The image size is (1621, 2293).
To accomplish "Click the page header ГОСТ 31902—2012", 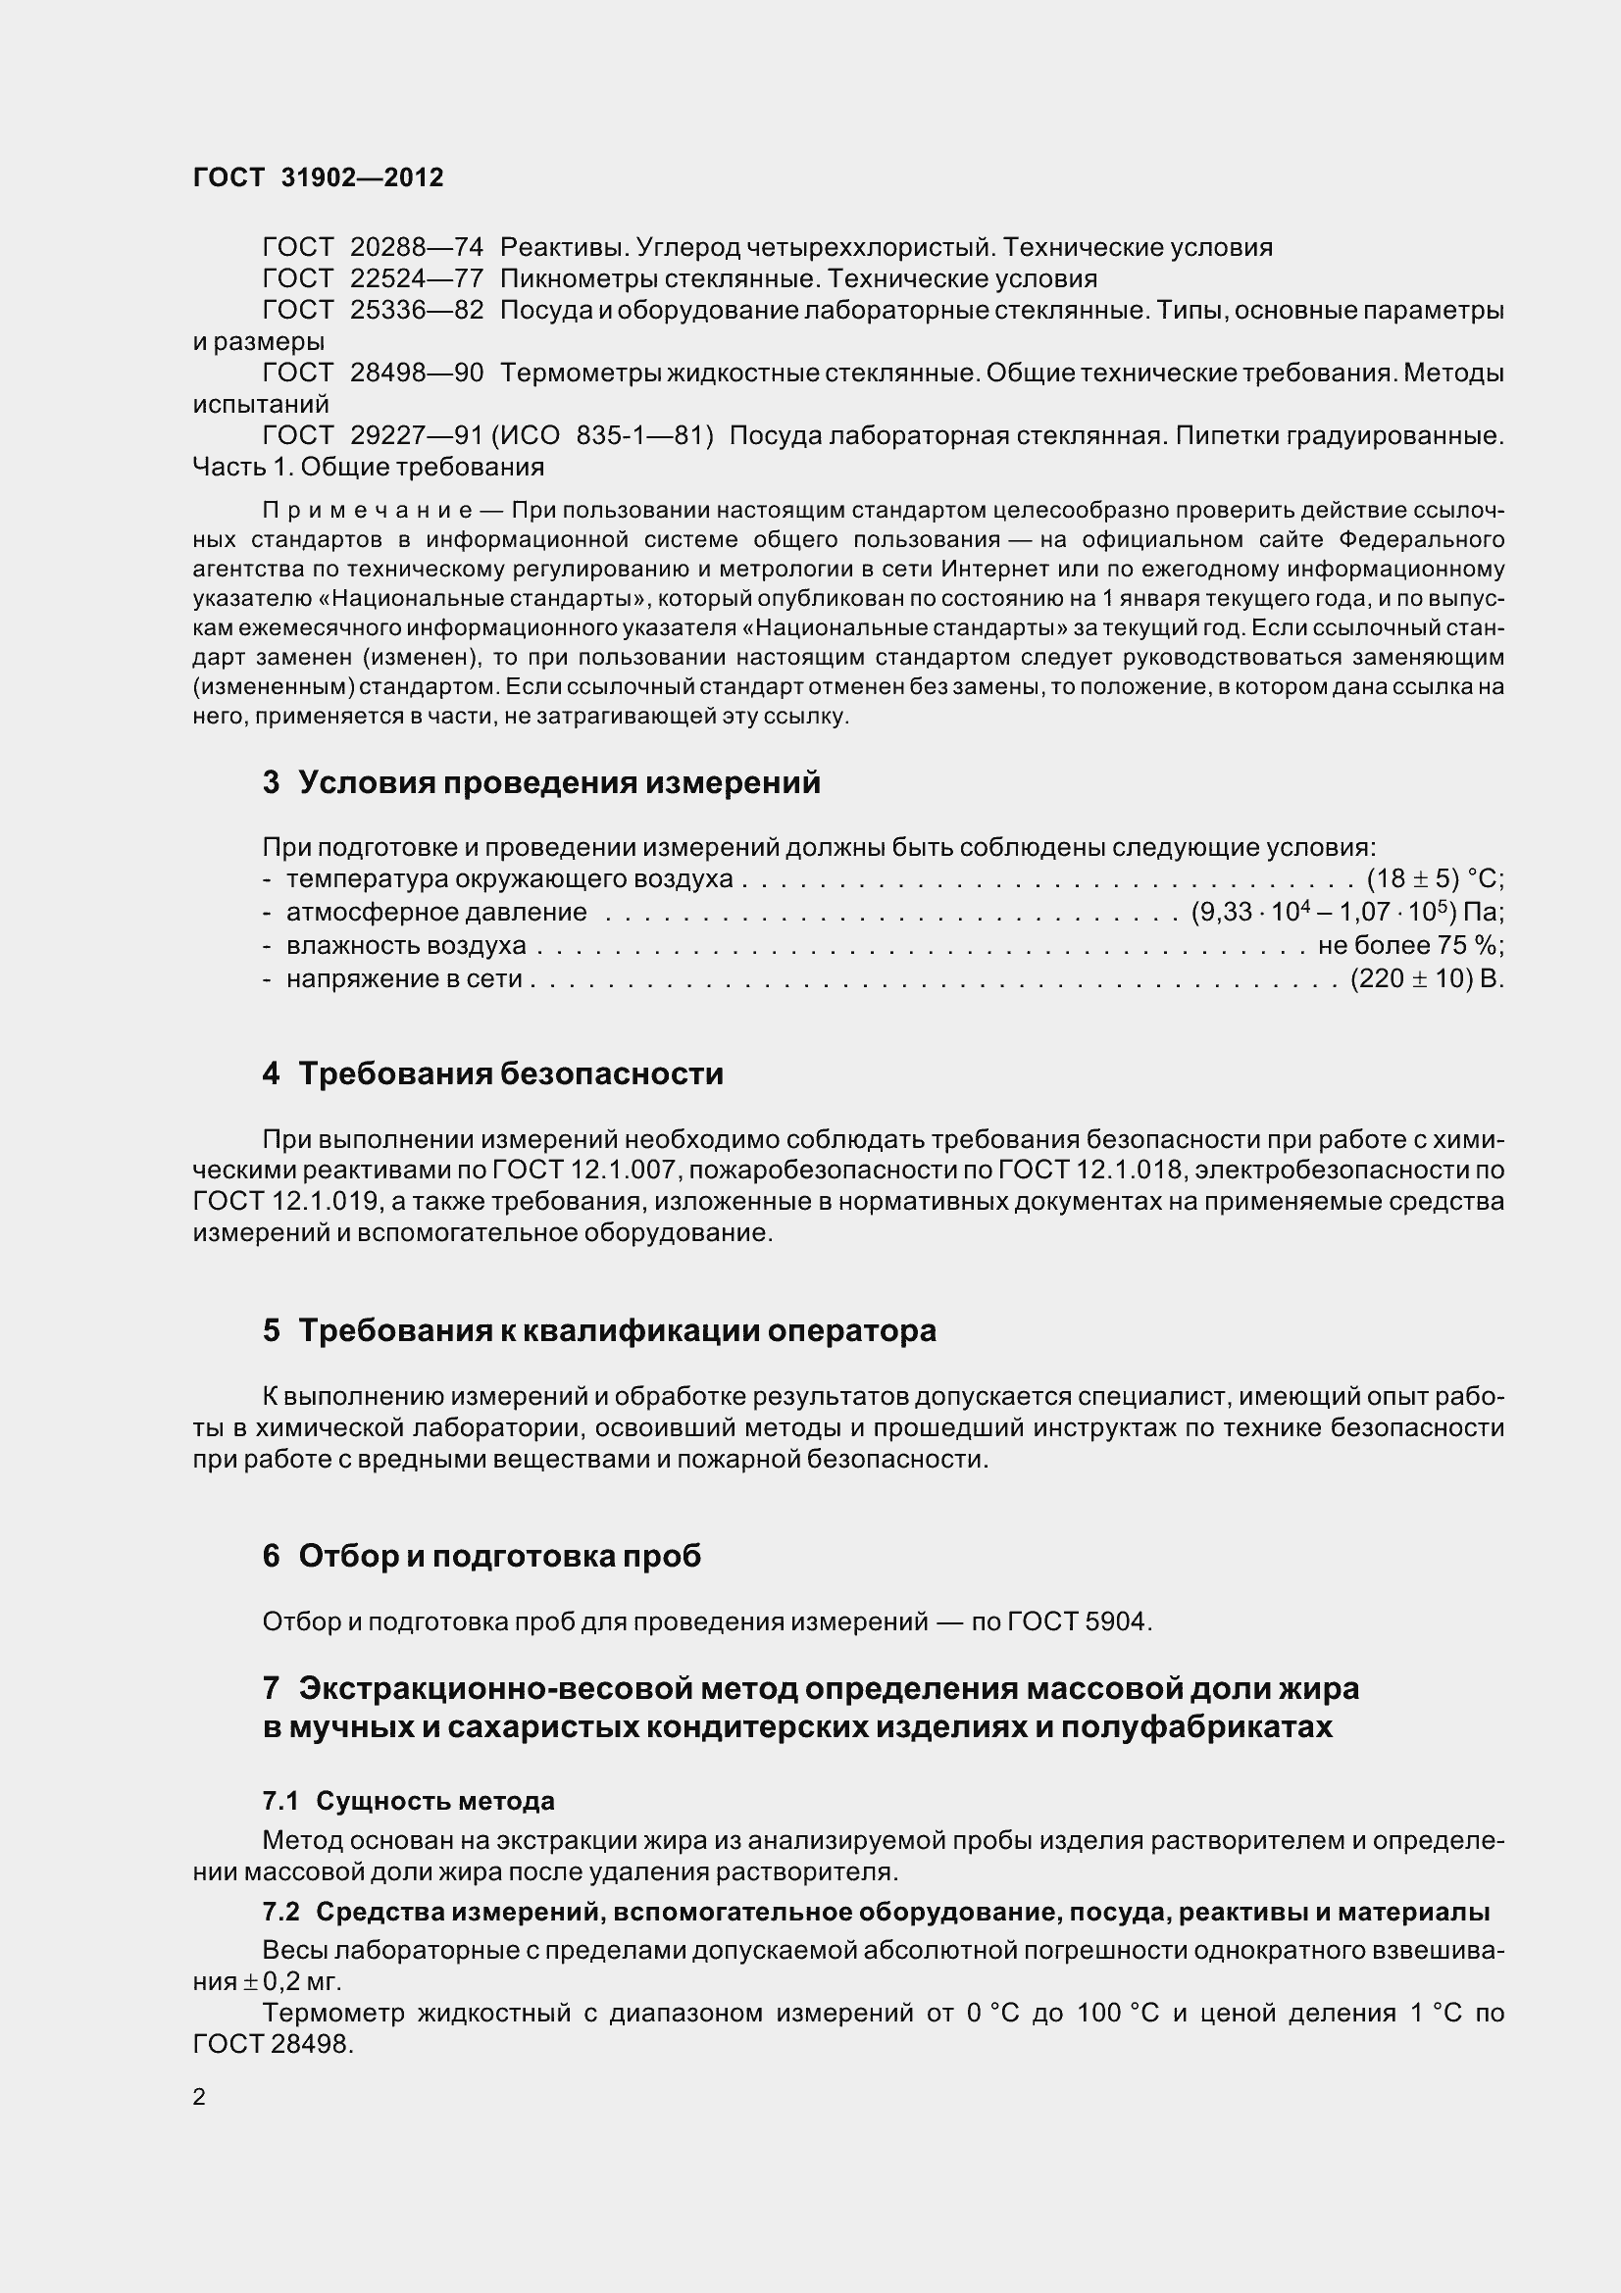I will click(x=318, y=177).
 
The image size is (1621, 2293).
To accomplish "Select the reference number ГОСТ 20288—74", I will click(x=373, y=247).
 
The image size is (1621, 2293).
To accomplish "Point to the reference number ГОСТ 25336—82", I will click(x=373, y=311).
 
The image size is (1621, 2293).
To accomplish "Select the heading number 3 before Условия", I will click(x=271, y=783).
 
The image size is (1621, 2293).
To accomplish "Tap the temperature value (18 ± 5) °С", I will click(x=1434, y=879).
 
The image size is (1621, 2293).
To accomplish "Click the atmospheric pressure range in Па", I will click(x=1346, y=913).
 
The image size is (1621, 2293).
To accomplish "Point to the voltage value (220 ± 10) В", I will click(x=1426, y=978).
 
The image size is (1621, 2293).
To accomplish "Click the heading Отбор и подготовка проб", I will click(x=499, y=1557).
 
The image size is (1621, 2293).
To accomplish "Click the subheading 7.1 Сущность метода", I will click(x=409, y=1802).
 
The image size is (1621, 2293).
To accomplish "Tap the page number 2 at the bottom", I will click(x=199, y=2097).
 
